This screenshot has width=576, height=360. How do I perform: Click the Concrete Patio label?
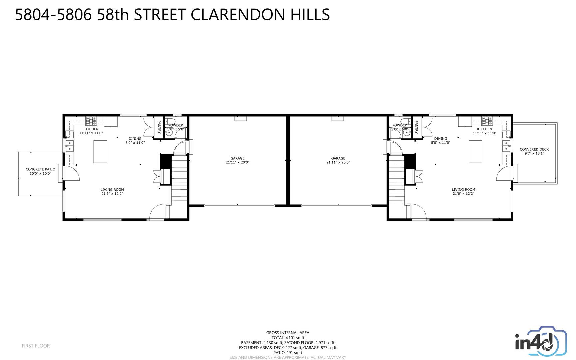(40, 169)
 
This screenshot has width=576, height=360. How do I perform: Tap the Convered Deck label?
(534, 149)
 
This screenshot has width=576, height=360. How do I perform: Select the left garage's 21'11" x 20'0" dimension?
(237, 163)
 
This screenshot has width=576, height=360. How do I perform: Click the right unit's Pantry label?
(416, 127)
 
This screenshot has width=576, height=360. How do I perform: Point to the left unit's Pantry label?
(159, 127)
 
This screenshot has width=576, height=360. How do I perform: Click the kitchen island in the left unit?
(100, 151)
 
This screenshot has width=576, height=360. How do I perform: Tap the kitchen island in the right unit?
(475, 151)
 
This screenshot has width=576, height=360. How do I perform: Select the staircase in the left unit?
(179, 180)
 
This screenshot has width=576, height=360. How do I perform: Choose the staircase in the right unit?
(396, 180)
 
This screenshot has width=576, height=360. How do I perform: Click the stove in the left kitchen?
(91, 120)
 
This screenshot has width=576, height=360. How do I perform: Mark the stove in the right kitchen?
(487, 120)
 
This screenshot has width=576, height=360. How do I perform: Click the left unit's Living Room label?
(112, 189)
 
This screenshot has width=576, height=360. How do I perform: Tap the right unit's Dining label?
(440, 139)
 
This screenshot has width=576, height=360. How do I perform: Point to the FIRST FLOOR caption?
(36, 346)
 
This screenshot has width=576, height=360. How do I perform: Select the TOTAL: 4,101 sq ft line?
(288, 338)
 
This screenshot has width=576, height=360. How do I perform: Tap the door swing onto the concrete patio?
(71, 174)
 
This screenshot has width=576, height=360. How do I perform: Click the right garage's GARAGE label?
(338, 158)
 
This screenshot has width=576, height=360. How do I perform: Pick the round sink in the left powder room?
(169, 132)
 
